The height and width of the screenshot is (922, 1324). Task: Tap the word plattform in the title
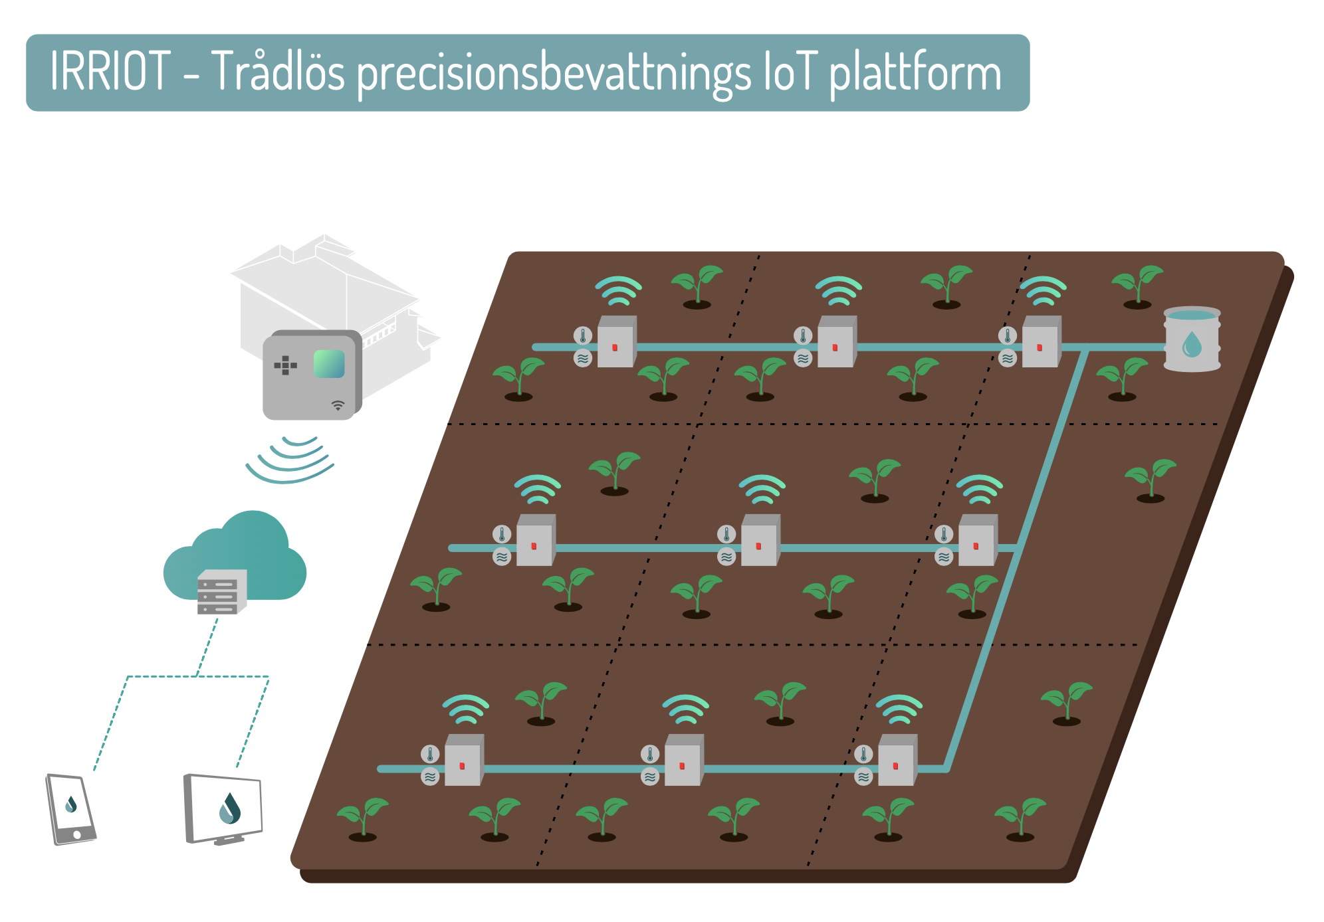tap(915, 73)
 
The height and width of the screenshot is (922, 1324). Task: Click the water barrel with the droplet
tap(1192, 339)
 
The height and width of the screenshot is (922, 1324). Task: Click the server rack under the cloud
tap(222, 592)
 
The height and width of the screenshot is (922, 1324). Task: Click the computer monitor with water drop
tap(223, 809)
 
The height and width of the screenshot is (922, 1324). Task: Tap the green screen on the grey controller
tap(329, 364)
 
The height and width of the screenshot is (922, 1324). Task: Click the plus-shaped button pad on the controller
tap(286, 365)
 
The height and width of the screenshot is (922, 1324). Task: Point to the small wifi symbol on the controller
tap(338, 405)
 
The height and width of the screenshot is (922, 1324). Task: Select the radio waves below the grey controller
tap(290, 459)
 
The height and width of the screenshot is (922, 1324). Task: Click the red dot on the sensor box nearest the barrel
tap(1040, 347)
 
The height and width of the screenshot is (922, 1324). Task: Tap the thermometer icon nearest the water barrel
tap(1008, 335)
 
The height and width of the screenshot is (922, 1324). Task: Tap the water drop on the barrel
tap(1192, 344)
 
